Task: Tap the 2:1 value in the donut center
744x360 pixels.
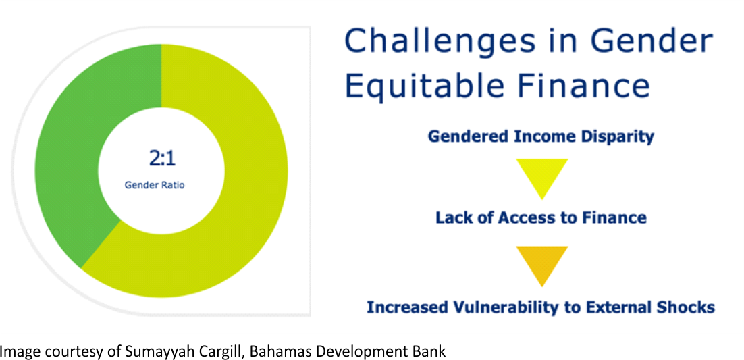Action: click(x=162, y=159)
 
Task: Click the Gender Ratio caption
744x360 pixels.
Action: click(x=155, y=185)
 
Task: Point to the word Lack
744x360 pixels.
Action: click(x=451, y=218)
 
